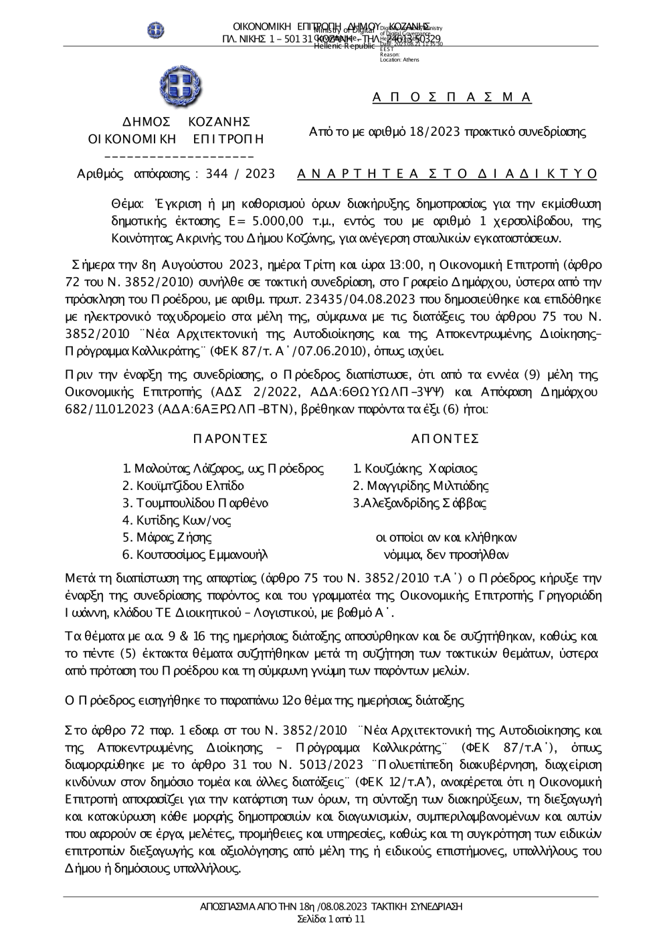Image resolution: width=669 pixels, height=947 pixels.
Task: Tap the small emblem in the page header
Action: point(156,30)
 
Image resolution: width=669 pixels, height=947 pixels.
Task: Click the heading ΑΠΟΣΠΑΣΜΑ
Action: point(452,98)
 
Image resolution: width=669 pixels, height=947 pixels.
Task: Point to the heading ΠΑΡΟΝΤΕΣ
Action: point(230,438)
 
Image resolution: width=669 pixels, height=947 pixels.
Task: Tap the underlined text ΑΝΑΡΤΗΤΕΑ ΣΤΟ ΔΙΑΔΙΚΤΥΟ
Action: point(447,174)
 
